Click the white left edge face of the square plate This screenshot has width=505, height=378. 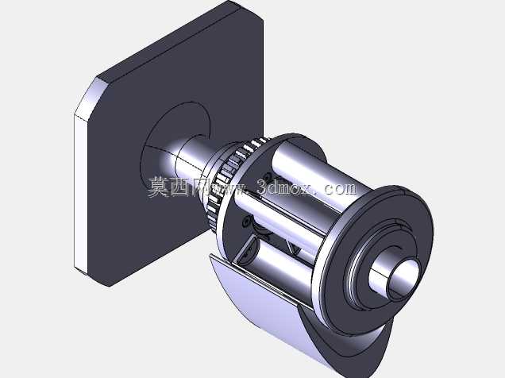(81, 193)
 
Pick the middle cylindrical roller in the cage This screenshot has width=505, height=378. (277, 219)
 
